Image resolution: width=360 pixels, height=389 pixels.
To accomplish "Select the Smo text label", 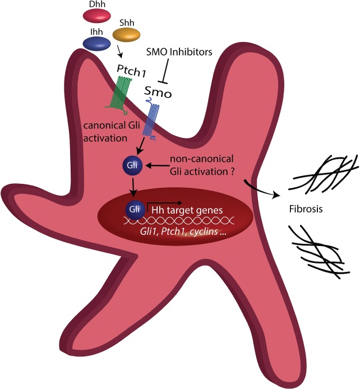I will [x=159, y=90].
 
